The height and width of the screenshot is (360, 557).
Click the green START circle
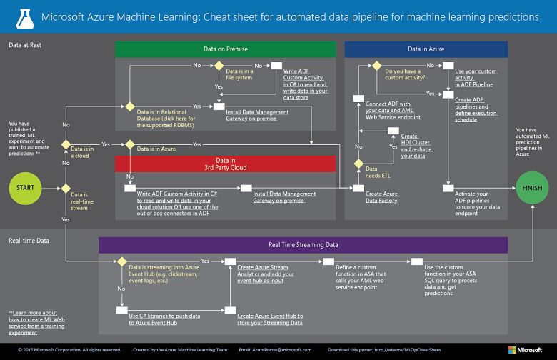click(x=26, y=187)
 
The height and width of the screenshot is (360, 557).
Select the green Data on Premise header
click(x=225, y=49)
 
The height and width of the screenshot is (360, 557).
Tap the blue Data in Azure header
click(x=426, y=49)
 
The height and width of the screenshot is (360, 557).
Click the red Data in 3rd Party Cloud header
click(x=225, y=164)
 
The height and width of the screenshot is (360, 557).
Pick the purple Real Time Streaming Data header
click(x=303, y=245)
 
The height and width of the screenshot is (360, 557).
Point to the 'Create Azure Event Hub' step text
click(x=270, y=319)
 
